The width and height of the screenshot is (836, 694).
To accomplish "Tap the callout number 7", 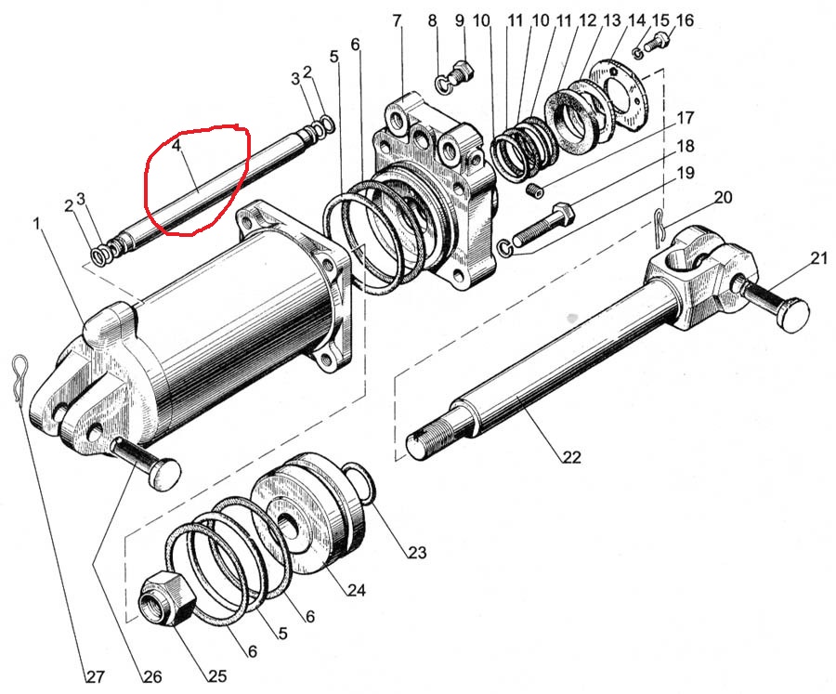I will pyautogui.click(x=398, y=20).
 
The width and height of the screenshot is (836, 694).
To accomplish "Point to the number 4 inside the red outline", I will pyautogui.click(x=176, y=146).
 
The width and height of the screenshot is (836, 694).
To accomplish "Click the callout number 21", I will pyautogui.click(x=817, y=258).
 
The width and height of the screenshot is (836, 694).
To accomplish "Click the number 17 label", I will pyautogui.click(x=685, y=119).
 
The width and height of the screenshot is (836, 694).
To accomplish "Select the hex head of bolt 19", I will pyautogui.click(x=563, y=215).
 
